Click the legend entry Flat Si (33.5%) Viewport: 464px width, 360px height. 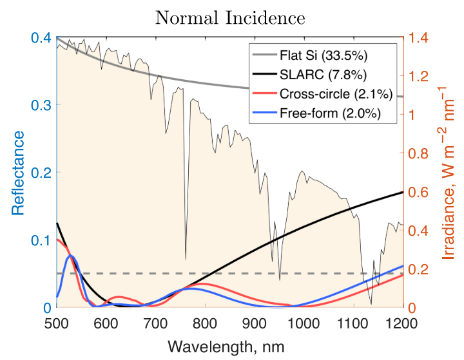tap(324, 52)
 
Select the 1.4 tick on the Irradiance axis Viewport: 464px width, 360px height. tap(420, 38)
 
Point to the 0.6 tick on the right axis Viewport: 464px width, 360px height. tap(420, 192)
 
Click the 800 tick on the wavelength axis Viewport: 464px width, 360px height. tap(205, 321)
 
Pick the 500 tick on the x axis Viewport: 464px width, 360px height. tap(57, 321)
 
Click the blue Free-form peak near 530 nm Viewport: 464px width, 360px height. tap(72, 256)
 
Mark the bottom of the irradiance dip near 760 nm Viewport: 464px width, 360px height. tap(186, 258)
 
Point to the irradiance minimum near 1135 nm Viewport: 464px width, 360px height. tap(371, 304)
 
